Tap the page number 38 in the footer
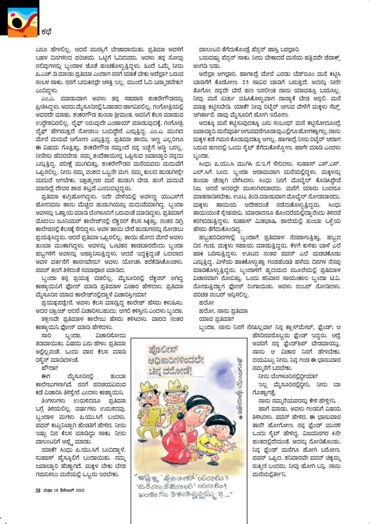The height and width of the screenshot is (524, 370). click(38, 490)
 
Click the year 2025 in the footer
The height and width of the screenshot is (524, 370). click(80, 490)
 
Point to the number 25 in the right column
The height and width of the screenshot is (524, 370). click(245, 82)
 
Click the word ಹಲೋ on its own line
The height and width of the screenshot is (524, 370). click(206, 303)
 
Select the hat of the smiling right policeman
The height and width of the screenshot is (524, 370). click(176, 385)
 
